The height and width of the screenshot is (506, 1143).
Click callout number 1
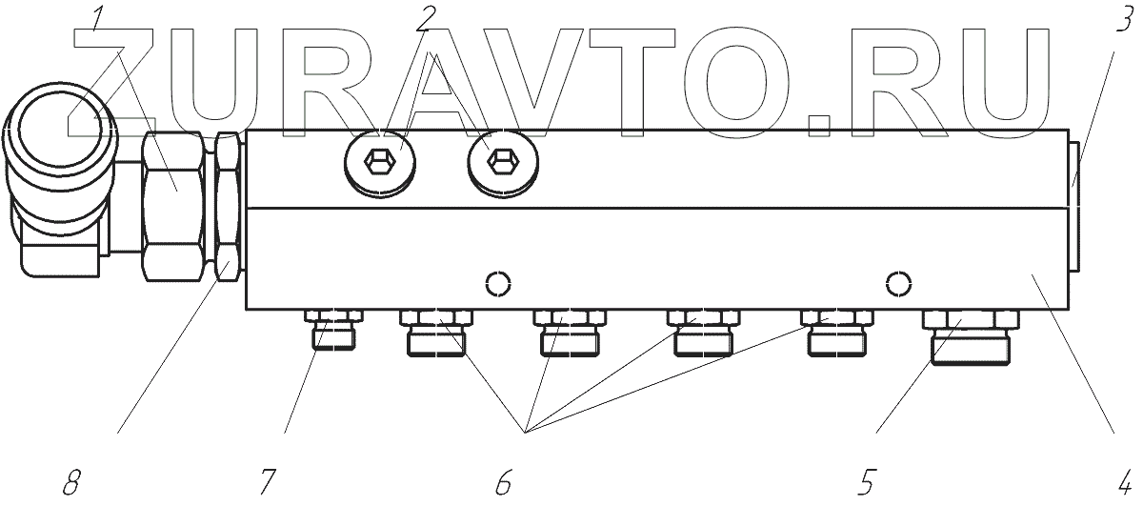(x=99, y=18)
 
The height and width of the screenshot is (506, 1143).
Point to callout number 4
(x=1124, y=481)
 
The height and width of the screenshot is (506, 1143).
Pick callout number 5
(x=865, y=481)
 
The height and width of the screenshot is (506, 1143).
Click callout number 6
(x=503, y=481)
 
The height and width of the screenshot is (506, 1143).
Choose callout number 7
(x=270, y=481)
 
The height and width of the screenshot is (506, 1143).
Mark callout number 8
(x=71, y=481)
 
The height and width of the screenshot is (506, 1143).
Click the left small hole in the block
(x=497, y=283)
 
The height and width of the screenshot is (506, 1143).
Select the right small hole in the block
(x=897, y=283)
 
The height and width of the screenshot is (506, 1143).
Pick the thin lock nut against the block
(x=227, y=206)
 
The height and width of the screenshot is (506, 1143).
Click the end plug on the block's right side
(x=1073, y=207)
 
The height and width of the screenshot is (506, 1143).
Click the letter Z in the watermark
(x=124, y=81)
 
